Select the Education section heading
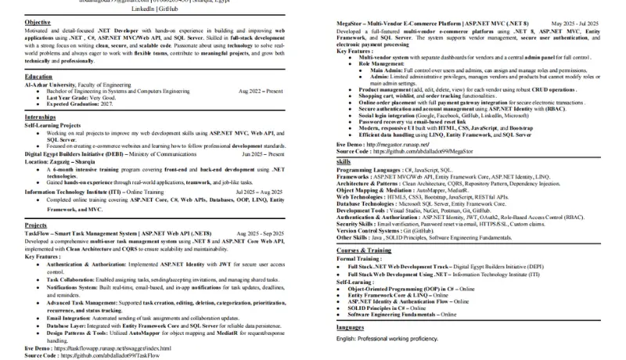39,77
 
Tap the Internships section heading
41,116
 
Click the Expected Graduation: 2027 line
85,103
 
